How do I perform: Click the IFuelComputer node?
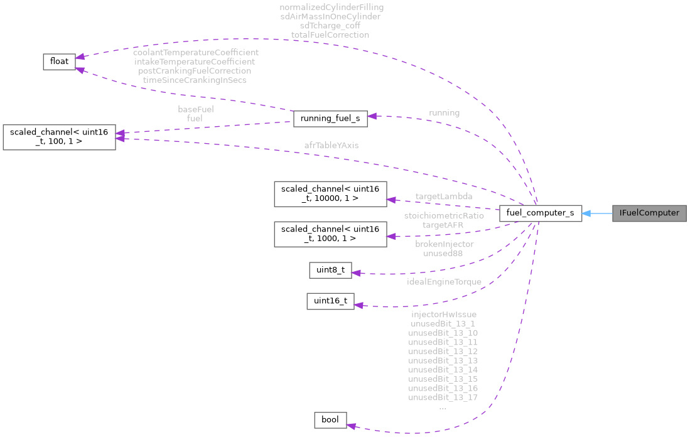click(x=649, y=213)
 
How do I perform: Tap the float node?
click(x=59, y=61)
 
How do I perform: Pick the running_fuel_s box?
click(x=330, y=117)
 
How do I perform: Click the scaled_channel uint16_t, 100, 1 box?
click(x=59, y=137)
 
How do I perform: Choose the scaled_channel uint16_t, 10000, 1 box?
click(x=330, y=194)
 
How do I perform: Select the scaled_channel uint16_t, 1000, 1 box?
click(x=330, y=234)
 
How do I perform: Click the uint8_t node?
click(x=330, y=271)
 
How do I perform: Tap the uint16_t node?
click(x=330, y=301)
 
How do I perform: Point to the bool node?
click(x=330, y=419)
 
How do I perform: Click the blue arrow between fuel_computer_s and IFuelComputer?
click(x=597, y=213)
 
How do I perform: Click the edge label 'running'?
click(x=444, y=113)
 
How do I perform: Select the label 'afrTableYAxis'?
click(x=331, y=145)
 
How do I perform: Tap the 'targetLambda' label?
click(x=444, y=197)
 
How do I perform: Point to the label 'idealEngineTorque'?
click(x=444, y=282)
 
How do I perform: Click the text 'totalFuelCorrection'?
click(x=330, y=35)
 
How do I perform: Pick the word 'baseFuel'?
click(x=195, y=109)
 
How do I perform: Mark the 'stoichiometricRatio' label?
click(x=444, y=215)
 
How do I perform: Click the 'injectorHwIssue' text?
click(x=443, y=314)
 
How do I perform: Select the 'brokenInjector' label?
click(x=444, y=244)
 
